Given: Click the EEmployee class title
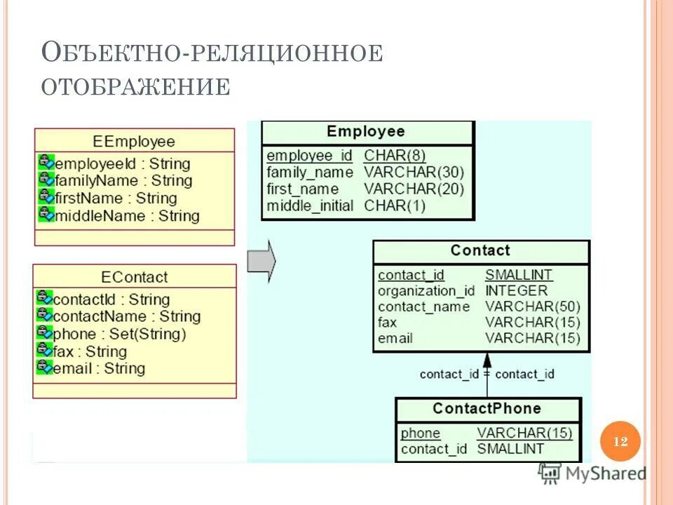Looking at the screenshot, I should coord(134,141).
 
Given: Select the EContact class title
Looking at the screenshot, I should coord(135,276).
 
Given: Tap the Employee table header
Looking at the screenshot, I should coord(366,132).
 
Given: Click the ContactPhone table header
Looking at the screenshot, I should coord(487,409).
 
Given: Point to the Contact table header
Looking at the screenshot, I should coord(480,251).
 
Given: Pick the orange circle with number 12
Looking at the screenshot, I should coord(620,441).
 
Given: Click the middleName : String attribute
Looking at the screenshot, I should coord(127,216).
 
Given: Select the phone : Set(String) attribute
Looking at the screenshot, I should coord(120,334).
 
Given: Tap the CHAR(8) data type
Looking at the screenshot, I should coord(395,156).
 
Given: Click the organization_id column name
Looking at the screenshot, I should coord(426,290).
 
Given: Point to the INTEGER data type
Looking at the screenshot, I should coord(516,290).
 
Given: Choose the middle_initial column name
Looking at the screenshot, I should coord(311,206).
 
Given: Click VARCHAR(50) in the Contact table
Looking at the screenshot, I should coord(532,307).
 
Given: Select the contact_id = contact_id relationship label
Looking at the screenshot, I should coord(487,374).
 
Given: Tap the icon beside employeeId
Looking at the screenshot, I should coord(46,162).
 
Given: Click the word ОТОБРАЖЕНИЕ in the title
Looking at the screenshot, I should coord(136,86).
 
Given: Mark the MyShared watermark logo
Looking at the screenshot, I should coord(592,473).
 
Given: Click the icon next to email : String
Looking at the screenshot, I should coord(44,367).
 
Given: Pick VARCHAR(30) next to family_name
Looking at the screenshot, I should coord(414,173).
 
